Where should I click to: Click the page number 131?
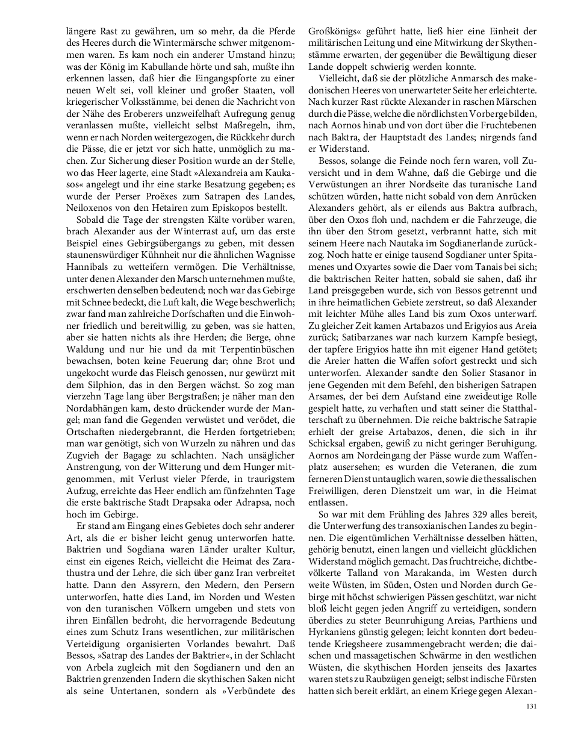pos(530,707)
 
